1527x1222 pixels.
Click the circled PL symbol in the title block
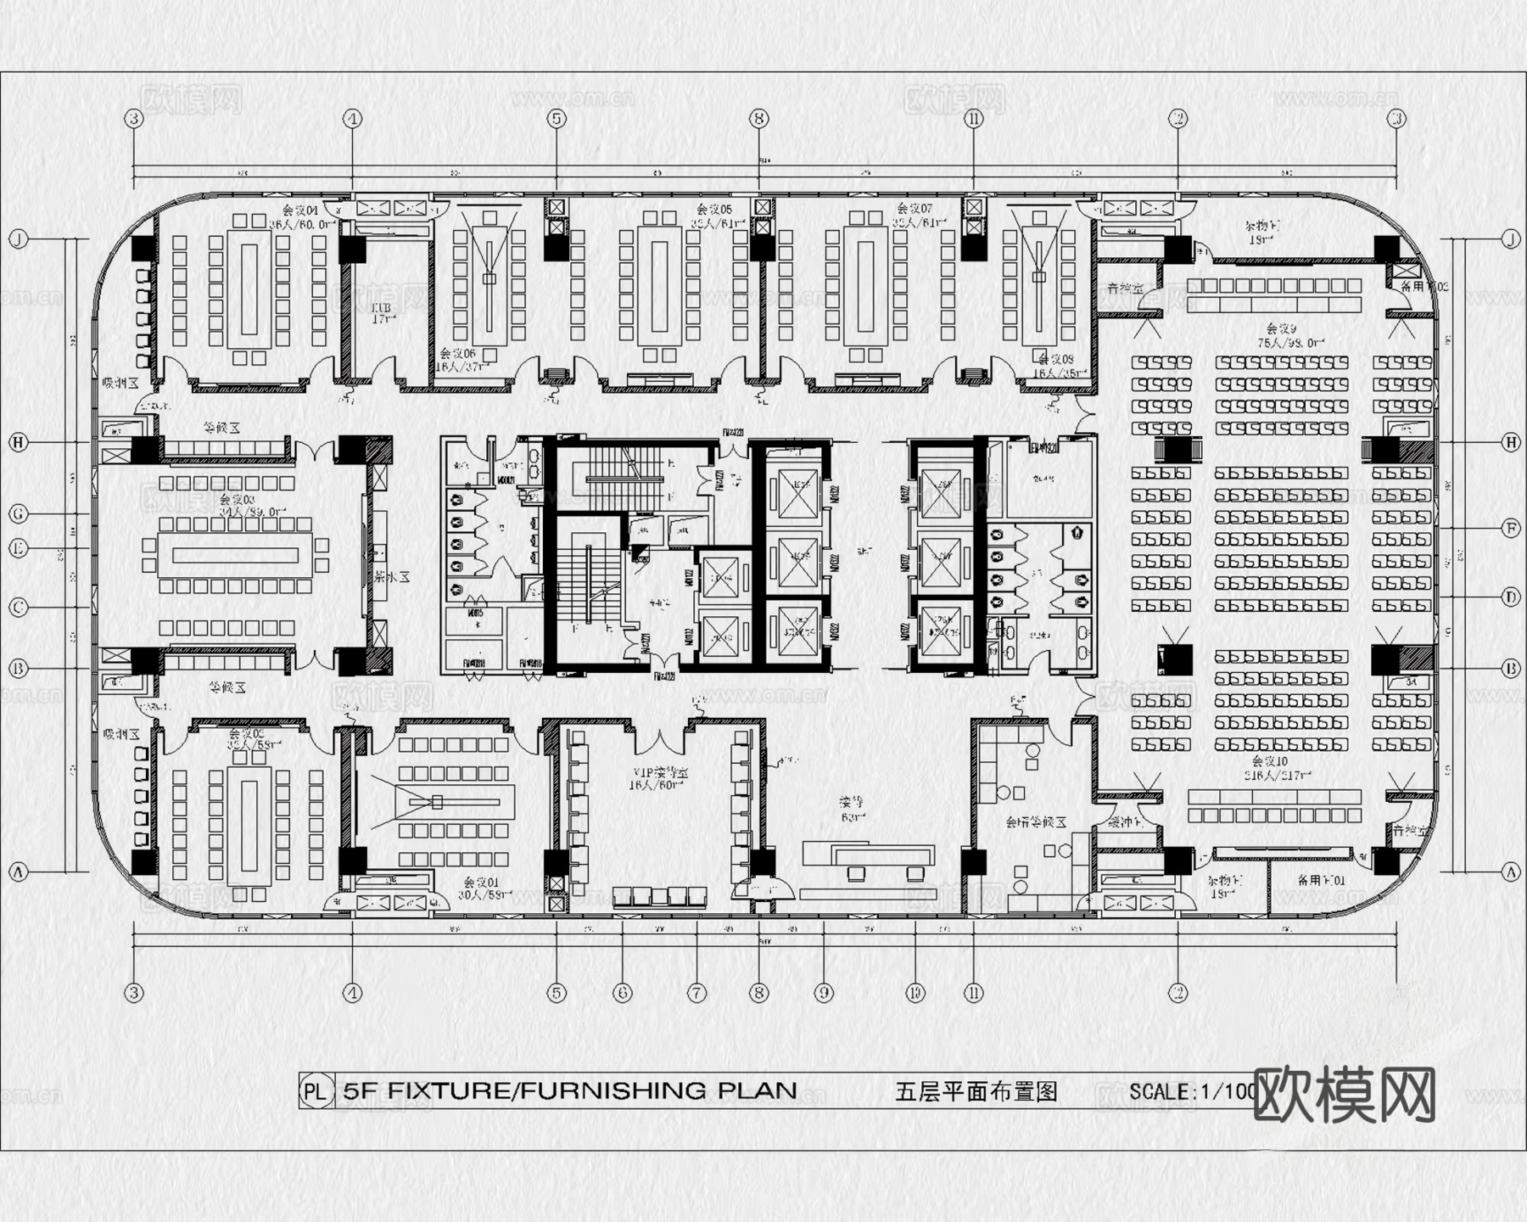tap(315, 1091)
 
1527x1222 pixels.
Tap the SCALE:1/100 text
tap(1192, 1091)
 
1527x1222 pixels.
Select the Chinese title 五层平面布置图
tap(976, 1091)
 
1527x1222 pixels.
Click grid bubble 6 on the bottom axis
tap(623, 992)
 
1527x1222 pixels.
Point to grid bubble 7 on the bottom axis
tap(696, 992)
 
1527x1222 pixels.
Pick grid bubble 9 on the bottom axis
tap(823, 992)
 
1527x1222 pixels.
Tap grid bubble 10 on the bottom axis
tap(915, 992)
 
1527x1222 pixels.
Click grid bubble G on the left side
tap(19, 514)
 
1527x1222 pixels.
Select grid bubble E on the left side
tap(19, 548)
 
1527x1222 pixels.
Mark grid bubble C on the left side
tap(19, 608)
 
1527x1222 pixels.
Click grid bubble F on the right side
tap(1510, 529)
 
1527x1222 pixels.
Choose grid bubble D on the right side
tap(1510, 597)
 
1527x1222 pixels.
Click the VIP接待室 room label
tap(659, 773)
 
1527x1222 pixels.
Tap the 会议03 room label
tap(237, 501)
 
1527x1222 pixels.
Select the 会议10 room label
tap(1270, 762)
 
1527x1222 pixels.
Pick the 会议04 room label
tap(299, 210)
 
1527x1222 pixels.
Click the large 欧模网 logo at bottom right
tap(1344, 1095)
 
